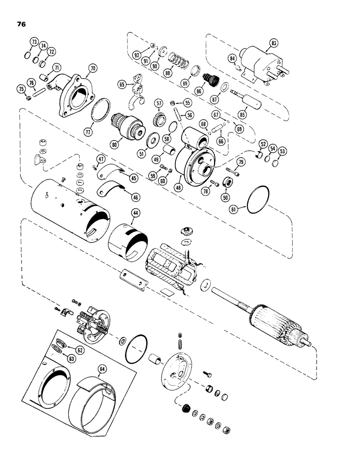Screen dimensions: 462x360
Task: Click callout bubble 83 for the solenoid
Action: (274, 43)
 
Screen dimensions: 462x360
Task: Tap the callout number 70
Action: (93, 68)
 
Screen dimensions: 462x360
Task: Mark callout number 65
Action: (122, 85)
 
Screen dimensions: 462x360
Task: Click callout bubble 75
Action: (21, 89)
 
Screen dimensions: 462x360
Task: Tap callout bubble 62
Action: (80, 350)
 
